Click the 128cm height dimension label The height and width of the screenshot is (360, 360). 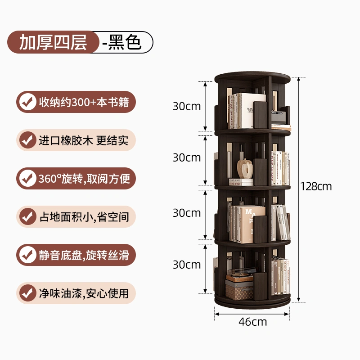[x=316, y=186]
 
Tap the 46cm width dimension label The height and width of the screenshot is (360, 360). [x=252, y=322]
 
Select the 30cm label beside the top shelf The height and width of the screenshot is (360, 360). [x=187, y=106]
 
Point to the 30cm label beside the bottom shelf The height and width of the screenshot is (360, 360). [x=187, y=265]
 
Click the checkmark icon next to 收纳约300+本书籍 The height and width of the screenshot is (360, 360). [x=28, y=102]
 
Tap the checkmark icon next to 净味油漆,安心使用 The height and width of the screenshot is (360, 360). [x=28, y=293]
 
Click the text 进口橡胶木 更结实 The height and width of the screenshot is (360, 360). [x=84, y=140]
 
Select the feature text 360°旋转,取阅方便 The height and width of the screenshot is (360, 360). [x=84, y=179]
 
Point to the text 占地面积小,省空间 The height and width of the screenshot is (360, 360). [x=84, y=217]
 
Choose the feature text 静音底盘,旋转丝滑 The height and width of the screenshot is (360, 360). [x=84, y=255]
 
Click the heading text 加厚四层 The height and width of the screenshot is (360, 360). [x=53, y=42]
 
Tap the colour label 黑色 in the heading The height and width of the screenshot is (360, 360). [x=125, y=42]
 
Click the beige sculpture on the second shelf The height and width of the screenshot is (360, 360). [x=245, y=168]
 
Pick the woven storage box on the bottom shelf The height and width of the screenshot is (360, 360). [x=239, y=290]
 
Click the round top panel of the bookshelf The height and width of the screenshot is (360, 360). [x=252, y=77]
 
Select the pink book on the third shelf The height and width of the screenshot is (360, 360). [x=252, y=224]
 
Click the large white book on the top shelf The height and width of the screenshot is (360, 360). [x=252, y=110]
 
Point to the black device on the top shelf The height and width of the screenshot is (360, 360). [x=279, y=117]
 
